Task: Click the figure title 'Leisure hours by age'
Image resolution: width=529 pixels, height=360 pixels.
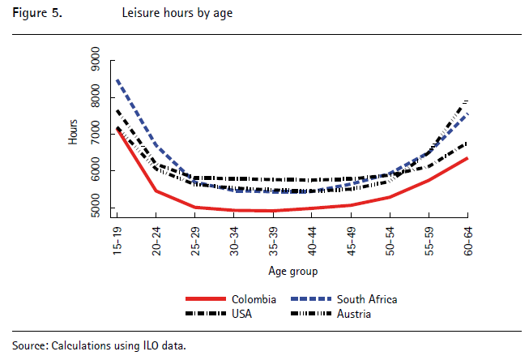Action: tap(177, 14)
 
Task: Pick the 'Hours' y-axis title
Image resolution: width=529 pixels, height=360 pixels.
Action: tap(73, 132)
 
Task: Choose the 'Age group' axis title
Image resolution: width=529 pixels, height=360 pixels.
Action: tap(292, 271)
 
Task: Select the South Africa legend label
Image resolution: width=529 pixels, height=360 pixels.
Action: tap(367, 299)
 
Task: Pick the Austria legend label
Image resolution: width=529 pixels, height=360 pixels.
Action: tap(354, 314)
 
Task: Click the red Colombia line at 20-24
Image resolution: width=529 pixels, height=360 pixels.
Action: tap(156, 191)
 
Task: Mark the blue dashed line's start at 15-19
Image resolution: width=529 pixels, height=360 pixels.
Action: tap(118, 80)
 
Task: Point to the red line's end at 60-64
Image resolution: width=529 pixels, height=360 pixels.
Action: tap(467, 158)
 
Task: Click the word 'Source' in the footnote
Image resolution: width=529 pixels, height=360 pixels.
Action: tap(29, 345)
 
